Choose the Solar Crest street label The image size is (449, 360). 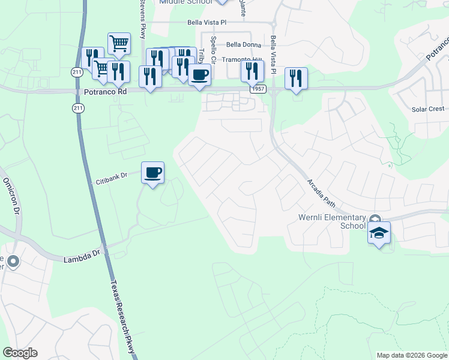[x=428, y=109]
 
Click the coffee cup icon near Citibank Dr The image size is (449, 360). [x=152, y=173]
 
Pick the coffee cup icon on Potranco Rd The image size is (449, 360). [x=199, y=75]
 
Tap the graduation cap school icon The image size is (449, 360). [x=379, y=233]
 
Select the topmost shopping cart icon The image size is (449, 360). [x=119, y=43]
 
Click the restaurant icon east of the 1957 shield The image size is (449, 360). [x=296, y=78]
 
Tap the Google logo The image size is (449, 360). [x=20, y=353]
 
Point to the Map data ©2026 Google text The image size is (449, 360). [x=411, y=355]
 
